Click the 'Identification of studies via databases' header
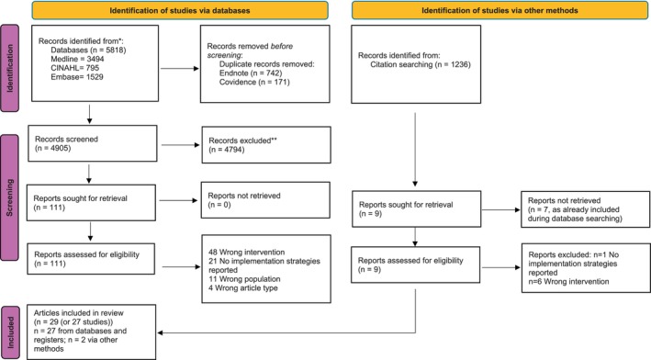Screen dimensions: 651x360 pos(180,10)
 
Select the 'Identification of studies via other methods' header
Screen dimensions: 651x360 pos(499,10)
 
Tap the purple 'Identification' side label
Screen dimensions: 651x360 pos(9,68)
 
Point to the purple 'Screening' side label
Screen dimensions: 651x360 pos(9,197)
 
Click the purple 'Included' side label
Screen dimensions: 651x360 pos(10,332)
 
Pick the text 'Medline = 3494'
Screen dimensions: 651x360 pos(78,59)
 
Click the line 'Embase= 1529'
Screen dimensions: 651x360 pos(77,77)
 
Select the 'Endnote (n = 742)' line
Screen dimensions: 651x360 pos(251,73)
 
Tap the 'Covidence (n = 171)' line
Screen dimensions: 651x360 pos(254,83)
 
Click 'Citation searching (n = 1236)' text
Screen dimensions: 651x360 pos(421,64)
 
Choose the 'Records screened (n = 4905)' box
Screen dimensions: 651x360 pos(93,143)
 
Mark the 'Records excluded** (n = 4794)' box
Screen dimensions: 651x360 pos(266,144)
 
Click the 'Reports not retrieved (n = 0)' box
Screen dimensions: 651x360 pos(265,199)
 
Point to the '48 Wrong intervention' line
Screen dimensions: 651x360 pos(247,252)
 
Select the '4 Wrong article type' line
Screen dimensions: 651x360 pos(243,287)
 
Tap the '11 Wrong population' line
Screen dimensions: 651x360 pos(244,279)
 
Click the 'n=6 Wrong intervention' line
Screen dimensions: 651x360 pos(568,282)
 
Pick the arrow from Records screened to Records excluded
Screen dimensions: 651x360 pos(181,145)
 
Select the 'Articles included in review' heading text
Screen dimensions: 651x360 pos(79,312)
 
